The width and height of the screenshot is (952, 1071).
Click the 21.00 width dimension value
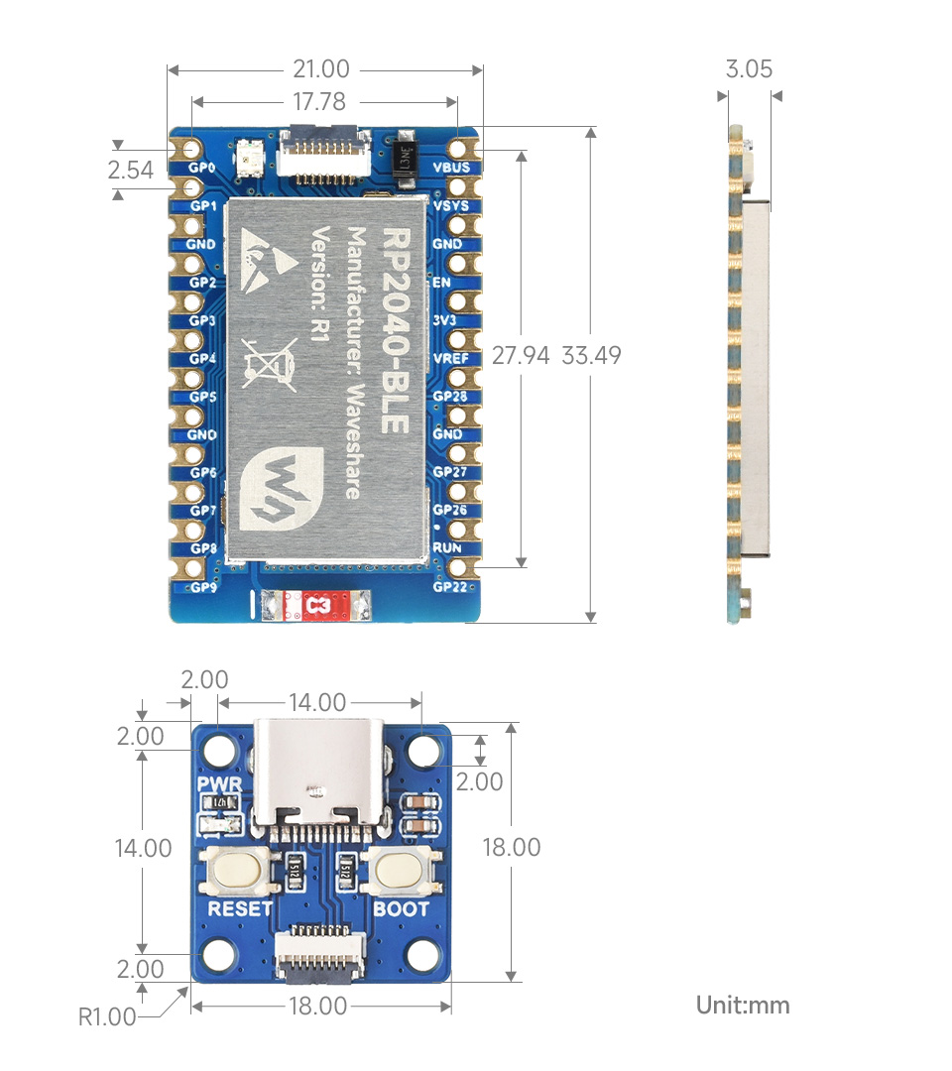click(x=320, y=69)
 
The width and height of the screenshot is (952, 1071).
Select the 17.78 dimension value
click(x=320, y=102)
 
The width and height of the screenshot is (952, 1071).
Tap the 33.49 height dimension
click(x=591, y=355)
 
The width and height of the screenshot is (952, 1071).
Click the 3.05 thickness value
click(x=749, y=68)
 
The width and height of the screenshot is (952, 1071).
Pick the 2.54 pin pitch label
click(x=131, y=170)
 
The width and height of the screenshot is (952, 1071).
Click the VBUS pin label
click(x=451, y=167)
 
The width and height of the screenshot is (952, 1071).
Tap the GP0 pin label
click(x=202, y=167)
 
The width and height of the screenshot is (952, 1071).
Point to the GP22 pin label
click(x=449, y=586)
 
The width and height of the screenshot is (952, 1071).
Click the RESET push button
click(x=236, y=871)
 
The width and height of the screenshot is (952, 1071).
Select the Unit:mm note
click(x=743, y=1005)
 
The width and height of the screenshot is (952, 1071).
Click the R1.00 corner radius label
click(x=107, y=1016)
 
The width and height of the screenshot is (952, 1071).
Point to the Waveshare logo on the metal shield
click(x=274, y=485)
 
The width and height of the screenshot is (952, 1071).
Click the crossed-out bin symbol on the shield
click(x=269, y=362)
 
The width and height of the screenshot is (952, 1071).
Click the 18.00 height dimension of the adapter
click(x=512, y=848)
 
